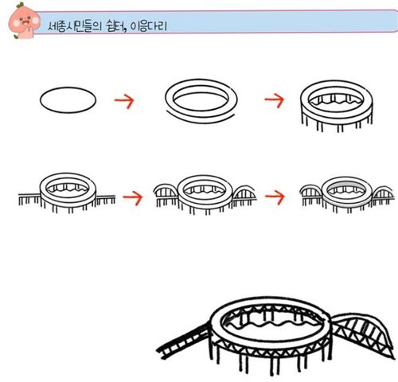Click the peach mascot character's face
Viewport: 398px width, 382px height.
pyautogui.click(x=24, y=21)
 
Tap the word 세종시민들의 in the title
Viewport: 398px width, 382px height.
pyautogui.click(x=75, y=26)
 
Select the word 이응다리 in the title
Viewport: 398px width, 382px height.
pyautogui.click(x=148, y=26)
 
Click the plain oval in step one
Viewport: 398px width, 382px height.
pyautogui.click(x=68, y=100)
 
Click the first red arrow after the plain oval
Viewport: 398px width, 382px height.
pyautogui.click(x=124, y=100)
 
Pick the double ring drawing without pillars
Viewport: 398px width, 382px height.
pyautogui.click(x=201, y=100)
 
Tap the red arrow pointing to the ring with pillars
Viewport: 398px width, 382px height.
pyautogui.click(x=275, y=100)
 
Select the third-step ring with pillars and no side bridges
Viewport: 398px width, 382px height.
pyautogui.click(x=337, y=106)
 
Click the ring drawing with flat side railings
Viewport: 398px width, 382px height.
pyautogui.click(x=67, y=193)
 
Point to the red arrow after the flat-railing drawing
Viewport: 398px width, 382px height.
pyautogui.click(x=133, y=197)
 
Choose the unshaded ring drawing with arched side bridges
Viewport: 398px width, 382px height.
pyautogui.click(x=205, y=194)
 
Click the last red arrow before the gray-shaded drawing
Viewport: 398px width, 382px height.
pyautogui.click(x=275, y=197)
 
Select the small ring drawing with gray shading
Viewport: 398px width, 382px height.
pyautogui.click(x=346, y=194)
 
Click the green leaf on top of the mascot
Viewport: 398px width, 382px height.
pyautogui.click(x=20, y=5)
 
